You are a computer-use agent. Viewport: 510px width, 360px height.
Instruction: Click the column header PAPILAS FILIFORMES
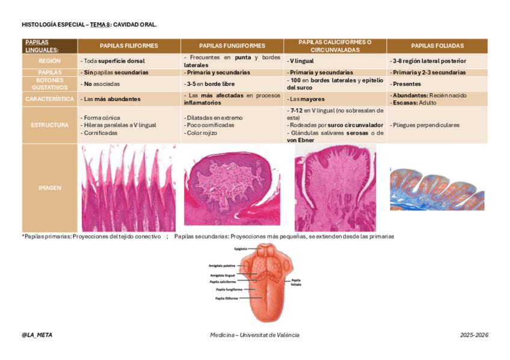(x=129, y=46)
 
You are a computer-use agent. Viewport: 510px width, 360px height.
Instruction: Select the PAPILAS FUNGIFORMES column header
(x=232, y=46)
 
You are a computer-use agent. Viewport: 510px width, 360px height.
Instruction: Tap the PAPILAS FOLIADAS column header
(x=437, y=46)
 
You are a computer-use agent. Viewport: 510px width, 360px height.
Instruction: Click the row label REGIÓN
(x=49, y=61)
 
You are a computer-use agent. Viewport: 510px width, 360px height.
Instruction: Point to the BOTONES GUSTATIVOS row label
(x=49, y=84)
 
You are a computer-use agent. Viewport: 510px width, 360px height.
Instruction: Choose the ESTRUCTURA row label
(x=49, y=125)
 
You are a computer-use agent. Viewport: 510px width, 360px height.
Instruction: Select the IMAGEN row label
(x=49, y=188)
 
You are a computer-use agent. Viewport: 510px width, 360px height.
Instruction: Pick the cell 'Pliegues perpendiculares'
(x=425, y=125)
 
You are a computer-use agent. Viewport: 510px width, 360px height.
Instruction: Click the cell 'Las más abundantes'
(x=110, y=99)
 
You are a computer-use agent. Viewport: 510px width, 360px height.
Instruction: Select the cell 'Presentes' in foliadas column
(x=406, y=84)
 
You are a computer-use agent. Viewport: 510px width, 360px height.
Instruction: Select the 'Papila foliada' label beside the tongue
(x=296, y=282)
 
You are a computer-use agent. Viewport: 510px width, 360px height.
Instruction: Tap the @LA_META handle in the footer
(x=36, y=335)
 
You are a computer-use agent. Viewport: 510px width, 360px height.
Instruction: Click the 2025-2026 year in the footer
(x=474, y=335)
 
